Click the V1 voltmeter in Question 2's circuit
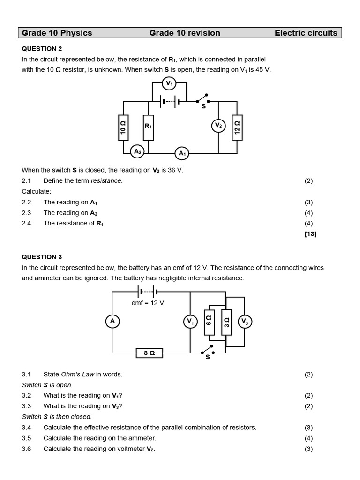[169, 84]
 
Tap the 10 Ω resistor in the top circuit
[123, 127]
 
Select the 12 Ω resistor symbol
[237, 127]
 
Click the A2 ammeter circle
[137, 151]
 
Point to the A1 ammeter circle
[182, 153]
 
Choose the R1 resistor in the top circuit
[148, 127]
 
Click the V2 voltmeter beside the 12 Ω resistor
[218, 126]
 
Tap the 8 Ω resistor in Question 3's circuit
[150, 353]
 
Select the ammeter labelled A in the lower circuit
[112, 321]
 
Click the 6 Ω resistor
[209, 322]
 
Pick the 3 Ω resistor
[226, 322]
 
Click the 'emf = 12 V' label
[148, 303]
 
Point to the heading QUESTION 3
[42, 257]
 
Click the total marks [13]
[310, 234]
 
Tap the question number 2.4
[26, 223]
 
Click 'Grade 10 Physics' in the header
[57, 33]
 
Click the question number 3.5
[26, 438]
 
